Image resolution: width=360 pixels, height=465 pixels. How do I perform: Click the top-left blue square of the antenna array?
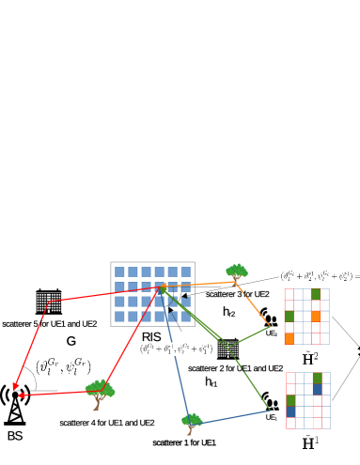point(119,271)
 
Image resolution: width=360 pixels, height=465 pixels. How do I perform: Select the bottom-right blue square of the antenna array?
point(186,317)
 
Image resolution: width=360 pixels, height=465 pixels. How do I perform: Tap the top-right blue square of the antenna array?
point(186,271)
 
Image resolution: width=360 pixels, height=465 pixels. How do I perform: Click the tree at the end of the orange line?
point(237,272)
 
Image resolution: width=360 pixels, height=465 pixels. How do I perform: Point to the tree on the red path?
point(99,392)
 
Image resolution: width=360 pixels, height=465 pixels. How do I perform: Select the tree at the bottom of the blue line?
point(191,422)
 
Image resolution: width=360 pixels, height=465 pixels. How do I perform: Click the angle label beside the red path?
point(63,366)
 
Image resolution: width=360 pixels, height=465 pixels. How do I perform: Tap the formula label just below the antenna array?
point(176,349)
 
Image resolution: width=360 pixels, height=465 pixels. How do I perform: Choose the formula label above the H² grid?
point(319,277)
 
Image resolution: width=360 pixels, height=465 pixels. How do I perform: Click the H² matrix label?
point(309,358)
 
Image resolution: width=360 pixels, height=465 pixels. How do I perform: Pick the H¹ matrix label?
point(309,442)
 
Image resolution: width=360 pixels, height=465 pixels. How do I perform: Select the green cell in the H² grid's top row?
point(316,294)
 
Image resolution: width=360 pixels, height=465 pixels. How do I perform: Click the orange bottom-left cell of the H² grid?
point(290,338)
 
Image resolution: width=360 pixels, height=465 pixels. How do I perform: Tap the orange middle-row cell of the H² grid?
point(316,317)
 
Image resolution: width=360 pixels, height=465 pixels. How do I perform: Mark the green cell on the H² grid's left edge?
point(290,317)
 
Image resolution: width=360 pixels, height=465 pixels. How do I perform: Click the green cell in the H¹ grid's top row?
point(317,378)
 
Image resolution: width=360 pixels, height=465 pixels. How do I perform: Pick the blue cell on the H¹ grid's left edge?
point(290,411)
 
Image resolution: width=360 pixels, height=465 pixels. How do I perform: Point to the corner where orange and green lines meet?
point(271,327)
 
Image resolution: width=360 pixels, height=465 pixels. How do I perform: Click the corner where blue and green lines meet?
point(271,411)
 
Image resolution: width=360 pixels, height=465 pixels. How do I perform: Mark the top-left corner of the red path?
point(48,302)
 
